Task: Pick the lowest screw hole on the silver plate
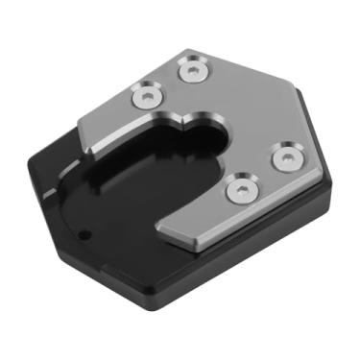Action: (x=239, y=188)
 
